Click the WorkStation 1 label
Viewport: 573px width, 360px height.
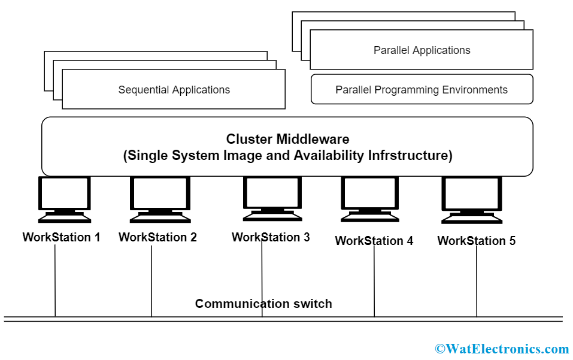(x=61, y=237)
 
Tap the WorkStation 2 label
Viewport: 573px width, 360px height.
(x=157, y=237)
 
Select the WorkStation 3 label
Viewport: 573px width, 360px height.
(x=271, y=237)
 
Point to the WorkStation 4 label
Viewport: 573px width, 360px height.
(x=374, y=241)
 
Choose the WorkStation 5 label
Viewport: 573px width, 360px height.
(x=476, y=241)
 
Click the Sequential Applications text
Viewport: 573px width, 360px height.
(x=174, y=90)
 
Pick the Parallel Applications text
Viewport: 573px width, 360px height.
(x=422, y=50)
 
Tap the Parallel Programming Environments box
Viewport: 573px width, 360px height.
(x=422, y=90)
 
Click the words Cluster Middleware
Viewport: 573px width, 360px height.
(x=287, y=139)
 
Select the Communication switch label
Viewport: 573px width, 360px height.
(x=263, y=304)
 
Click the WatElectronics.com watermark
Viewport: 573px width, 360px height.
(x=502, y=349)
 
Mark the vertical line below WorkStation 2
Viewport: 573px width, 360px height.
(x=151, y=282)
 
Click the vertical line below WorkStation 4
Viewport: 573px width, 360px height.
(x=374, y=282)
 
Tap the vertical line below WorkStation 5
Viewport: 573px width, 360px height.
(x=477, y=282)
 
